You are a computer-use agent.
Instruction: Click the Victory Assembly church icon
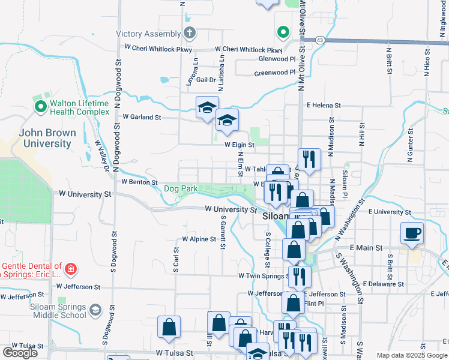(x=190, y=32)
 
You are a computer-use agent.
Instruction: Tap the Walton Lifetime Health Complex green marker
(x=41, y=107)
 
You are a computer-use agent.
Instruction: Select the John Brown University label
(x=47, y=138)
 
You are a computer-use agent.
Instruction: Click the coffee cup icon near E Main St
(x=412, y=232)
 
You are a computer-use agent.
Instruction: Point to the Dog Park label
(x=181, y=188)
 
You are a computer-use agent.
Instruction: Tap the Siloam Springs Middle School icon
(x=95, y=310)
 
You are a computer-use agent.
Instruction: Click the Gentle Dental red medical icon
(x=71, y=269)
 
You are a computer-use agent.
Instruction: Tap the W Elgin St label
(x=240, y=145)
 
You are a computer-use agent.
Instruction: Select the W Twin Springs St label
(x=262, y=276)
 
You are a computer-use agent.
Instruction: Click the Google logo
(x=20, y=353)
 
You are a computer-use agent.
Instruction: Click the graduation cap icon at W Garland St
(x=207, y=107)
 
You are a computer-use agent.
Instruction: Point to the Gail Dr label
(x=205, y=79)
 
